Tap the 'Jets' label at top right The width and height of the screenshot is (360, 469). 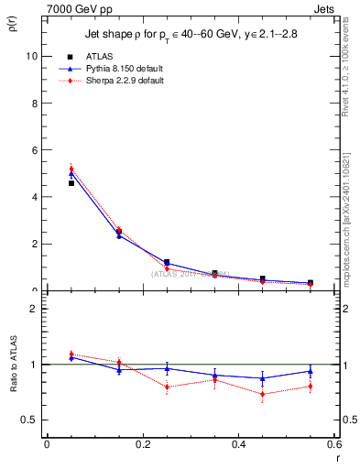coord(323,8)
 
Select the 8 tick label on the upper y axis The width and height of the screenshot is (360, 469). coord(33,103)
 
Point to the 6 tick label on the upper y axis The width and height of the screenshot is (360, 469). coord(33,150)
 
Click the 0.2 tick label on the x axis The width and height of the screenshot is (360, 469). coord(143,444)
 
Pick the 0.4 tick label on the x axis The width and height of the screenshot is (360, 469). coord(239,444)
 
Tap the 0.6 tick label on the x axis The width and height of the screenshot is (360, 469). coord(334,444)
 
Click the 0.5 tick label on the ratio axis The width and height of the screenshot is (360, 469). coord(28,420)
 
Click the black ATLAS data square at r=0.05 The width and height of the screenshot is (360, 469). coord(71,183)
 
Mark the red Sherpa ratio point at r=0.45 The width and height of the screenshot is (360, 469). coord(263,395)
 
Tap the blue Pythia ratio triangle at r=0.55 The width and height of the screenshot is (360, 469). coord(311,371)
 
